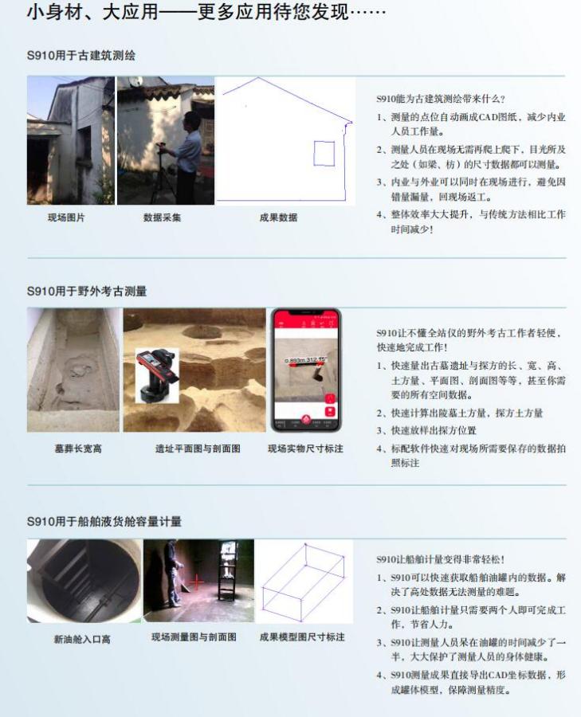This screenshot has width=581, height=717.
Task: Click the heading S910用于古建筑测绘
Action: (x=81, y=56)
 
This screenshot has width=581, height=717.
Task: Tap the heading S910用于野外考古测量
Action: (x=87, y=291)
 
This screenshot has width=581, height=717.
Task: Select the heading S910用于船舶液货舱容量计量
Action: (x=104, y=521)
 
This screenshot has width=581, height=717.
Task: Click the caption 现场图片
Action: (x=66, y=217)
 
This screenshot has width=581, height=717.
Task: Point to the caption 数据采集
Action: (x=162, y=217)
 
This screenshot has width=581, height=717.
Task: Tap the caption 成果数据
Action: (x=278, y=217)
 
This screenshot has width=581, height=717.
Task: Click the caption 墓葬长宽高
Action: (x=78, y=449)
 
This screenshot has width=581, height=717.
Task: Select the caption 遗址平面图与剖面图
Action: (x=198, y=449)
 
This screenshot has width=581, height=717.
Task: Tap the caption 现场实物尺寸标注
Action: (x=305, y=449)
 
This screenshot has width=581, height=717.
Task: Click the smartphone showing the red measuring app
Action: (x=306, y=370)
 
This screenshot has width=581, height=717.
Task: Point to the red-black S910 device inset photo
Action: (x=157, y=376)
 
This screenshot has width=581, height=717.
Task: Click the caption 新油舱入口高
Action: (x=82, y=639)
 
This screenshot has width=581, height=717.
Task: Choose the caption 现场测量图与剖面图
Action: (x=194, y=637)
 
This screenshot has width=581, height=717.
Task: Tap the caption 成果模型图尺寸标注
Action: (x=302, y=637)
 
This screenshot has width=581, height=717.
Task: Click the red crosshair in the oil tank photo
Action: (x=196, y=582)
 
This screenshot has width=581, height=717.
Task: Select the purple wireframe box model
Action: (x=304, y=582)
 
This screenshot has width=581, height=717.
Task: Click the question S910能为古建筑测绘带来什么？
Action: (x=441, y=99)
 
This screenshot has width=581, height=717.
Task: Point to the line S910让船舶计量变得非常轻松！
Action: (x=441, y=559)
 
